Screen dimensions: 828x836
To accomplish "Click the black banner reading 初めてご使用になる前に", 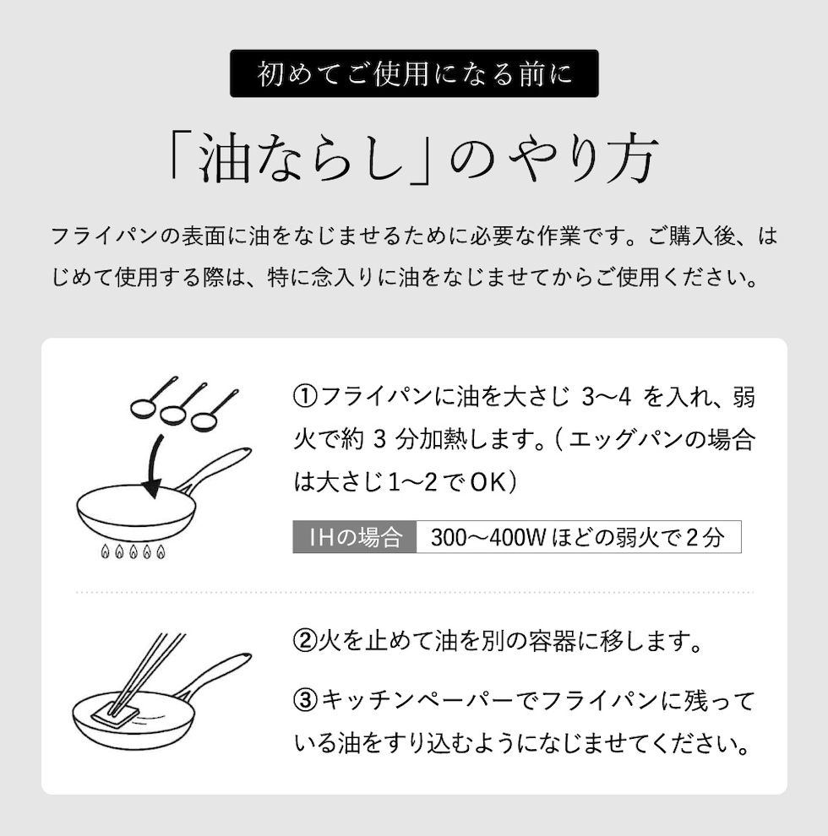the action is [x=414, y=73].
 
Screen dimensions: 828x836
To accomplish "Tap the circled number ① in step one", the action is [x=306, y=397].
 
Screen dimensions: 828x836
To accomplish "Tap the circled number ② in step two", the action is [x=306, y=641].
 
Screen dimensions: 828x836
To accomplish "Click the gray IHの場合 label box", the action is [x=355, y=537].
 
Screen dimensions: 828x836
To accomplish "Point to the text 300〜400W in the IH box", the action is [x=488, y=537].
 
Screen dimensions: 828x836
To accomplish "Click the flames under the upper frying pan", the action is [x=133, y=551].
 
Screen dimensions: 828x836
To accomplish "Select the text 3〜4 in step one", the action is [x=607, y=398].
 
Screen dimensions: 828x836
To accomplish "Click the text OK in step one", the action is [x=488, y=483].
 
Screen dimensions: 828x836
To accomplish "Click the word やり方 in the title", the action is [x=581, y=159].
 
